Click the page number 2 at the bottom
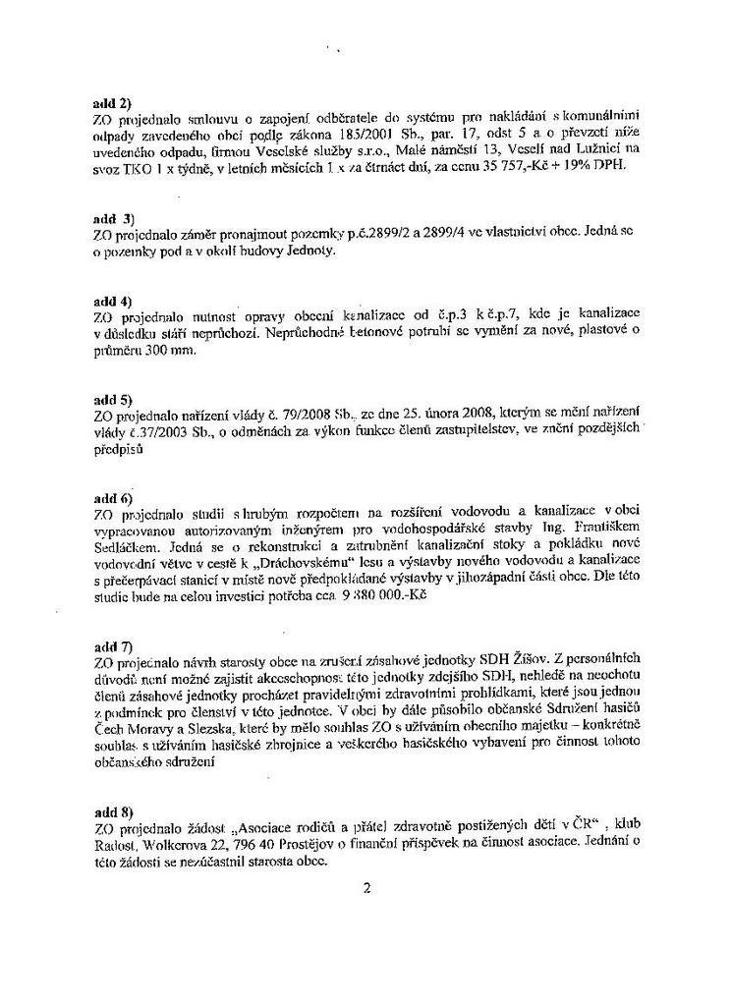(x=366, y=890)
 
